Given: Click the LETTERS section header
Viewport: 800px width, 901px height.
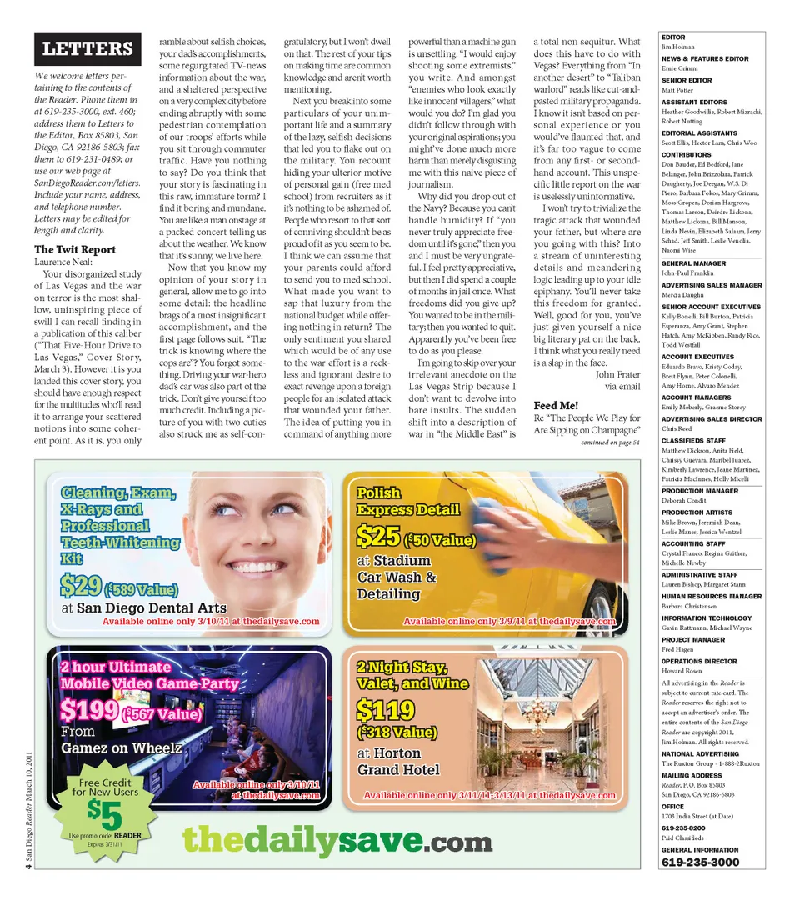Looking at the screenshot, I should [87, 49].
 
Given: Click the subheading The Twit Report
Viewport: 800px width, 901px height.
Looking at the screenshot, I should [75, 249].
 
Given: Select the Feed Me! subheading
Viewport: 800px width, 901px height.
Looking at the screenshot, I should [556, 405].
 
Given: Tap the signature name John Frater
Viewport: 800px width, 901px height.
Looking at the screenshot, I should [617, 374].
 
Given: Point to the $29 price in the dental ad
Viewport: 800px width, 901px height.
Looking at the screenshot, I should [81, 587].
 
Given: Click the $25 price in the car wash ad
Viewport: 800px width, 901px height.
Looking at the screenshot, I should [378, 536].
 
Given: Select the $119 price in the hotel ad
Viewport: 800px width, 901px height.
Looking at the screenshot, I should [385, 710].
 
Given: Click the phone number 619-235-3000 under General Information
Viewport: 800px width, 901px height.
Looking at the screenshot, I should [700, 862].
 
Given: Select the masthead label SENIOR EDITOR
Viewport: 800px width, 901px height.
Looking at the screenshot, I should [687, 81].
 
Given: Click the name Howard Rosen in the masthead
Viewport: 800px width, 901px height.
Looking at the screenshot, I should [682, 671].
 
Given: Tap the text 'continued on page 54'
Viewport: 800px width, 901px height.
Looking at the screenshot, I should [610, 443].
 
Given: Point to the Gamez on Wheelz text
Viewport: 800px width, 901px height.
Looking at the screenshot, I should [121, 748].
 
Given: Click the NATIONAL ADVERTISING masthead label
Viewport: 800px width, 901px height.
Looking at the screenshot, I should [699, 753].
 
